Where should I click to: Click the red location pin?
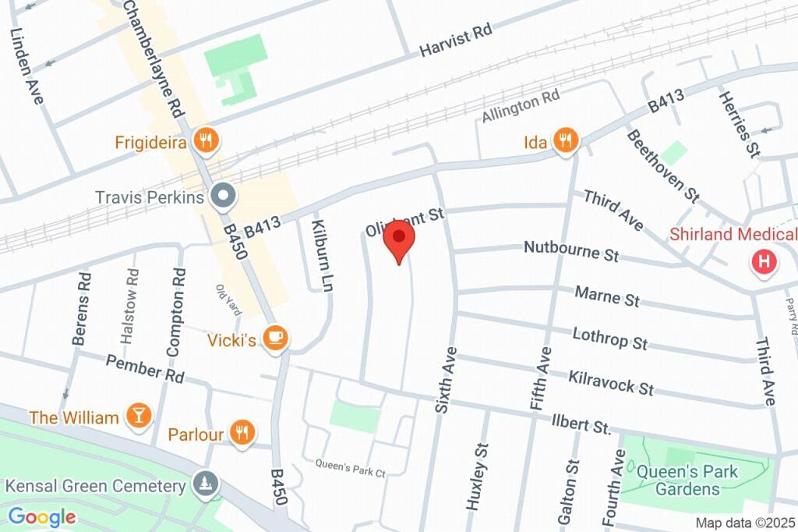coord(399,239)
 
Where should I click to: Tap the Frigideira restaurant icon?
coord(207,140)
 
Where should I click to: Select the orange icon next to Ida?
coord(566,140)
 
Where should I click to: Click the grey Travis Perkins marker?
coord(224,197)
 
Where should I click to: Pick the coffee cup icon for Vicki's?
coord(274,338)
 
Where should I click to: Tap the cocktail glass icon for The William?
coord(139,417)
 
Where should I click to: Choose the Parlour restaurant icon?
coord(242,434)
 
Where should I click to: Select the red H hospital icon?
coord(764,262)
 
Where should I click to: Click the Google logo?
coord(41,516)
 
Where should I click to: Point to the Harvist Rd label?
coord(456,40)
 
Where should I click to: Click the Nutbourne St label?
coord(571,251)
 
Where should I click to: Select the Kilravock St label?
coord(610,382)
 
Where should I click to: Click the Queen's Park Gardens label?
coord(676,481)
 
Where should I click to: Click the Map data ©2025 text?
coord(745,523)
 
